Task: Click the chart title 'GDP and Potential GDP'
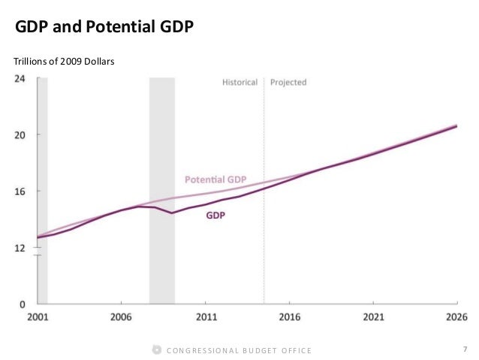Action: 105,29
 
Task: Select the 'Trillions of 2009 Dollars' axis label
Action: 64,61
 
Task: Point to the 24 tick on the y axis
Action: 23,79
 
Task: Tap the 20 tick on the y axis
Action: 23,135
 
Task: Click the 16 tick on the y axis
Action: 23,192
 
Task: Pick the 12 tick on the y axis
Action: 23,248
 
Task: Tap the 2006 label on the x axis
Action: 122,316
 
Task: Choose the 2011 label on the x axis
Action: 206,316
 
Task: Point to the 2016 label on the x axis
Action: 290,316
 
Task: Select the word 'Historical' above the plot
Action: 239,82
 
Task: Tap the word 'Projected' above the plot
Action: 288,82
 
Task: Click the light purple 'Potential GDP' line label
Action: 216,180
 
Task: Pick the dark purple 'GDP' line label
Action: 216,215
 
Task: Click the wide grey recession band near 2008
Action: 162,188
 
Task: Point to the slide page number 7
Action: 465,348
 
